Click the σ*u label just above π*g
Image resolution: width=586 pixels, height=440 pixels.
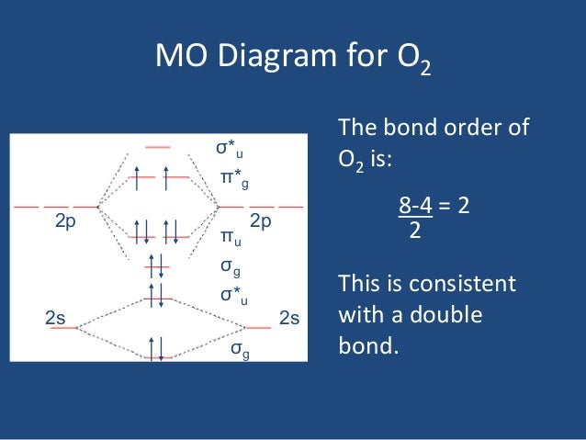tap(229, 148)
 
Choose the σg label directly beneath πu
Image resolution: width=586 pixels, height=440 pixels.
tap(231, 267)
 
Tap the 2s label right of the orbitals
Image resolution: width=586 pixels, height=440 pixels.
tap(289, 319)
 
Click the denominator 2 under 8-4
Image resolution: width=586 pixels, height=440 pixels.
tap(414, 231)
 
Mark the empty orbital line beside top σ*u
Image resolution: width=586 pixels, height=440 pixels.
tap(159, 147)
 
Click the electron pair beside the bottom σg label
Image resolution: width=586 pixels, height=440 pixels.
tap(159, 349)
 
